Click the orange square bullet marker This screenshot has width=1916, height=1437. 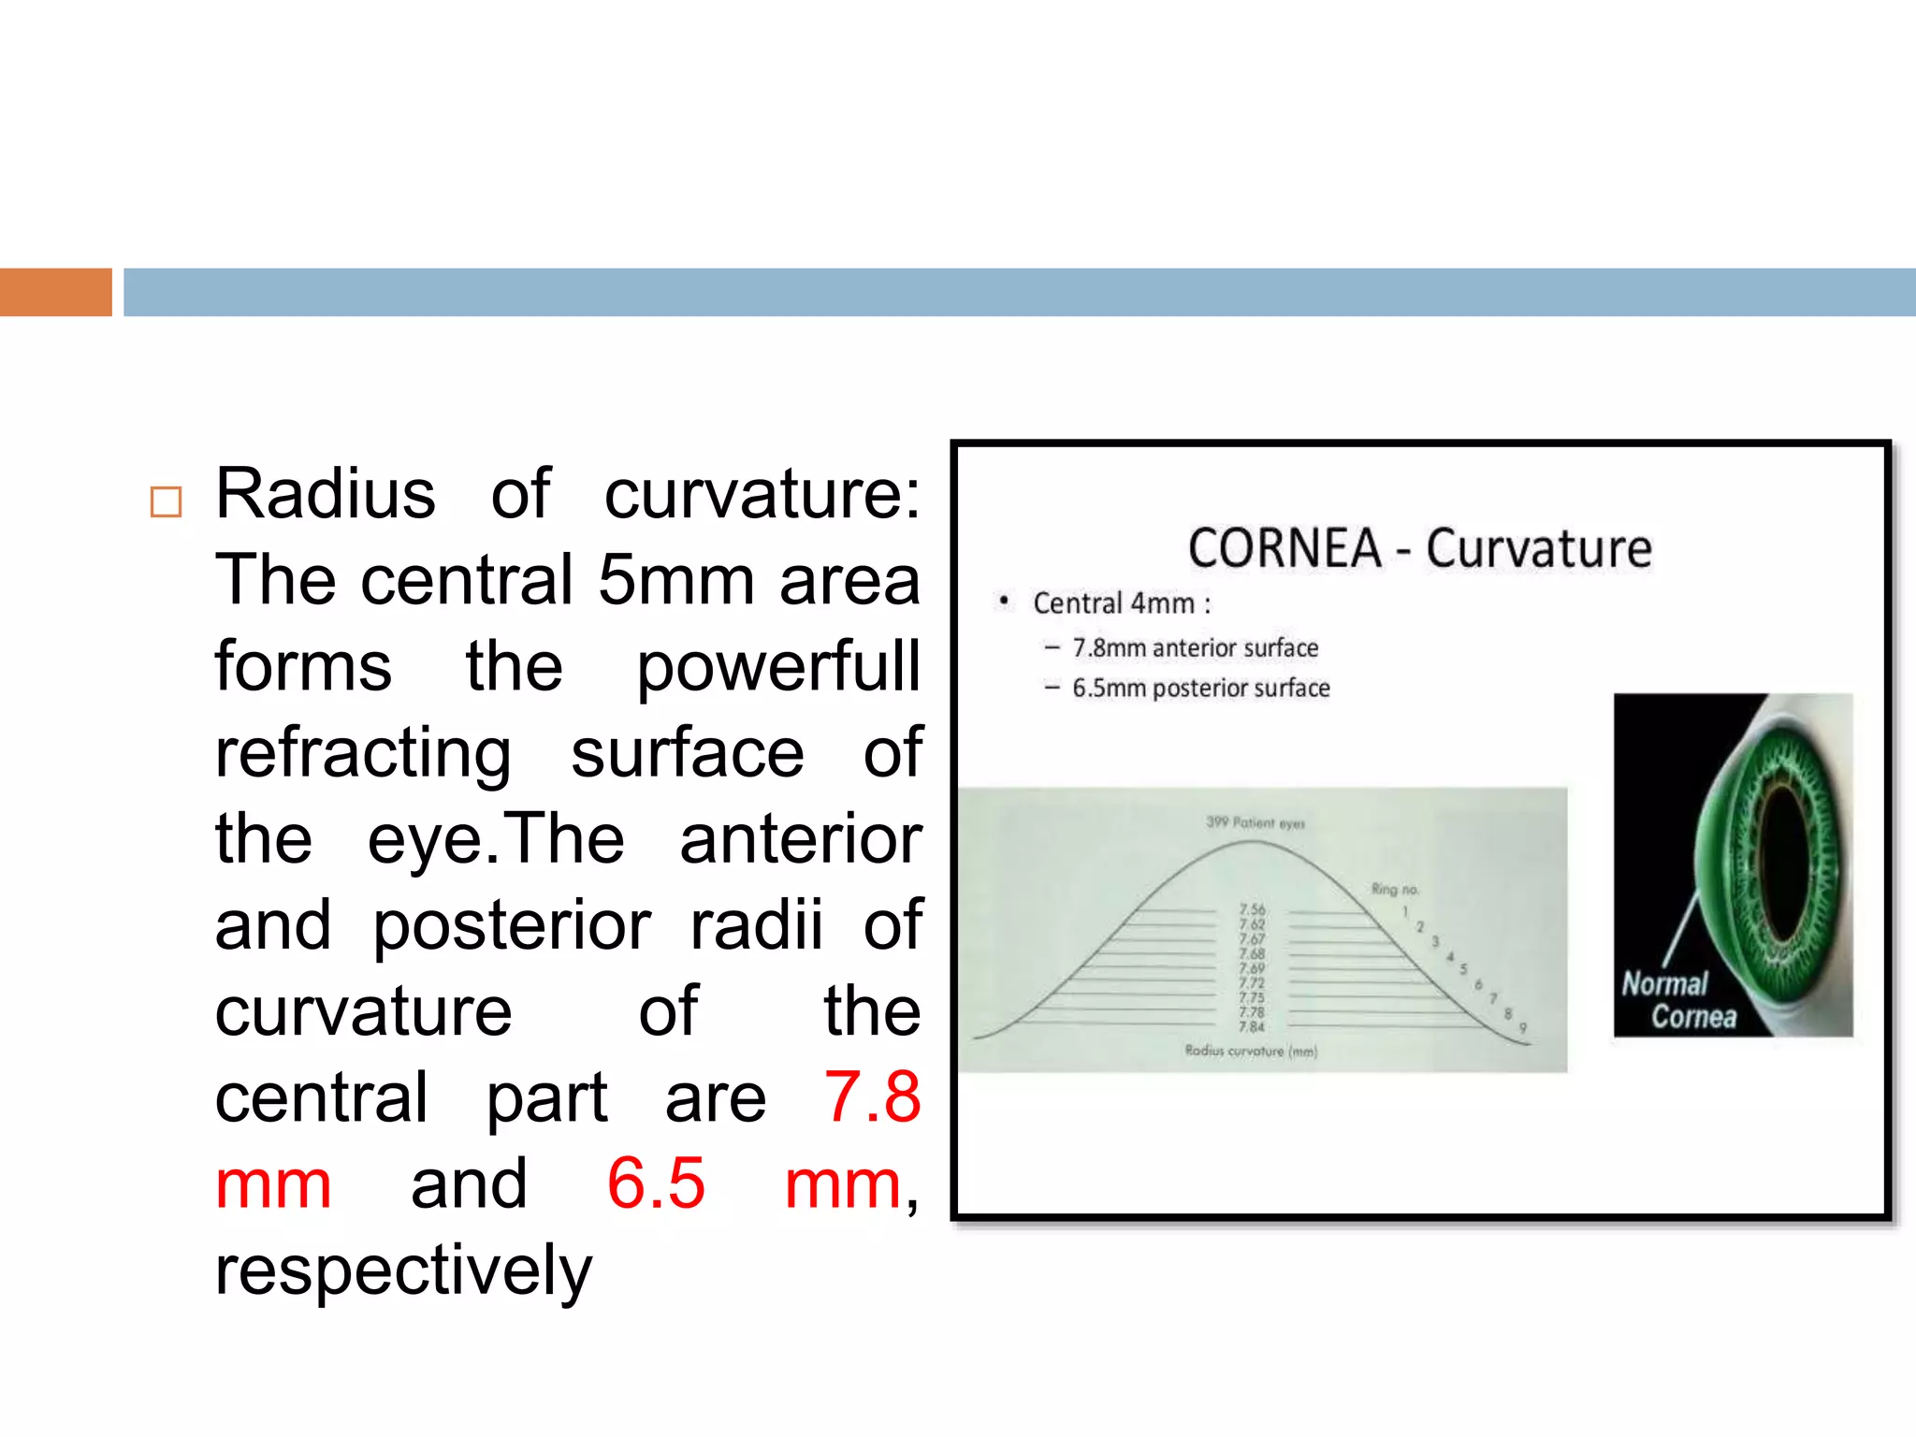pyautogui.click(x=166, y=502)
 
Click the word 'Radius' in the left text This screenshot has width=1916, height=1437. pyautogui.click(x=325, y=494)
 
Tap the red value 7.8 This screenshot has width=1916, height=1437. pyautogui.click(x=872, y=1097)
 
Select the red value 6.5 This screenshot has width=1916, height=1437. pyautogui.click(x=655, y=1183)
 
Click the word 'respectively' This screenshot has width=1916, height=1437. pyautogui.click(x=403, y=1270)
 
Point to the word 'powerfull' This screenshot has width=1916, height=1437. pyautogui.click(x=778, y=667)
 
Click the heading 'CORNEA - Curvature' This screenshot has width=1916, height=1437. pyautogui.click(x=1419, y=549)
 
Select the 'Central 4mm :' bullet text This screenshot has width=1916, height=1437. pyautogui.click(x=1121, y=603)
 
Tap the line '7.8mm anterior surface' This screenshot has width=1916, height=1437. pyautogui.click(x=1195, y=647)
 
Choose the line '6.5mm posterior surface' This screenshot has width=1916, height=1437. pyautogui.click(x=1200, y=689)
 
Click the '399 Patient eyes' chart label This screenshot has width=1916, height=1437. pyautogui.click(x=1255, y=823)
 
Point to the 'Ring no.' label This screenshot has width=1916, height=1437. pyautogui.click(x=1394, y=889)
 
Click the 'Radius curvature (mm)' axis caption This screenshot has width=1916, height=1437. pyautogui.click(x=1251, y=1051)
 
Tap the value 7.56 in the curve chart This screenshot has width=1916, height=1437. pyautogui.click(x=1252, y=909)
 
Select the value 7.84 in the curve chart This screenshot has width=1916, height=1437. pyautogui.click(x=1252, y=1027)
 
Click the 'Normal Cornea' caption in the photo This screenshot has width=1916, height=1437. pyautogui.click(x=1679, y=1000)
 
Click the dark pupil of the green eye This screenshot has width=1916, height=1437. pyautogui.click(x=1784, y=865)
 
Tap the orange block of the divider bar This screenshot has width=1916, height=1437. pyautogui.click(x=55, y=292)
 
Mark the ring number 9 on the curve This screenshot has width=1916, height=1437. pyautogui.click(x=1523, y=1028)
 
